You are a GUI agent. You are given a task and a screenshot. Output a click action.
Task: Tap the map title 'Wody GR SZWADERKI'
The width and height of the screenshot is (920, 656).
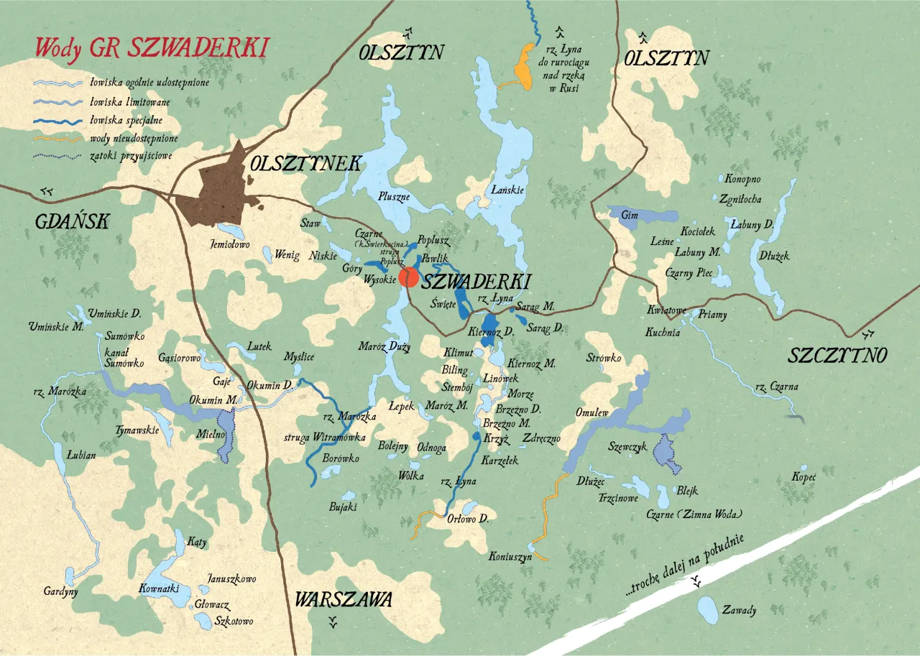[151, 48]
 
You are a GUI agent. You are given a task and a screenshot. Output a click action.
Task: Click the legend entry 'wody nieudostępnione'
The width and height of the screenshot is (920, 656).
[134, 138]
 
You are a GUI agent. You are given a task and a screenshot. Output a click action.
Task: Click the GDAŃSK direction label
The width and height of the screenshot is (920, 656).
[72, 222]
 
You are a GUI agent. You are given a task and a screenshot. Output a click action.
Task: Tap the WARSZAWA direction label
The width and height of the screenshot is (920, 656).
[344, 599]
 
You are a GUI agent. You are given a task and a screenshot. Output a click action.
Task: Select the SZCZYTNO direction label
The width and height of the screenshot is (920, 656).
[838, 355]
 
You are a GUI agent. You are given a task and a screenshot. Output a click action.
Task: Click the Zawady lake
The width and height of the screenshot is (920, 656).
[707, 610]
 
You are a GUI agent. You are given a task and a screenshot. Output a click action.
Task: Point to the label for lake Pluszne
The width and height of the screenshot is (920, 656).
[394, 195]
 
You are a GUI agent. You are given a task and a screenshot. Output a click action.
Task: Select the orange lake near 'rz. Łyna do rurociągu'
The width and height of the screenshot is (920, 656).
[525, 67]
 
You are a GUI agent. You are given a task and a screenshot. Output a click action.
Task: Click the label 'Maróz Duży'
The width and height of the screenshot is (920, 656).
[385, 347]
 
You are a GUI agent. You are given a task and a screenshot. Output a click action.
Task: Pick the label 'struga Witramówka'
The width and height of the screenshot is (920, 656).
[316, 437]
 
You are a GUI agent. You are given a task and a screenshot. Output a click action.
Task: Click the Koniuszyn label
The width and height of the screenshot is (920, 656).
[510, 556]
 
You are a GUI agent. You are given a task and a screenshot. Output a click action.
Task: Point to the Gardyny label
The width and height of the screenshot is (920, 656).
[60, 591]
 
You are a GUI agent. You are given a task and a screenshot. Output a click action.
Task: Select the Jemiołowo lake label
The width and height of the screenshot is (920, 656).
[229, 245]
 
